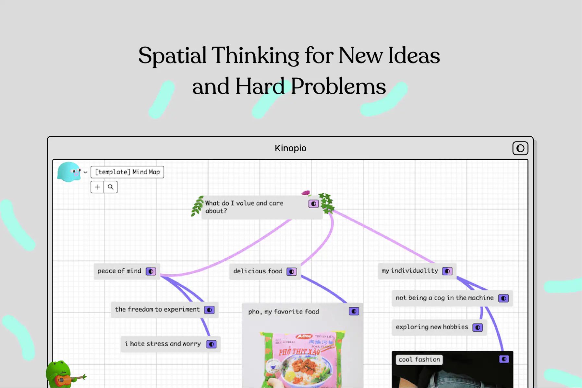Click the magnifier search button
click(x=111, y=187)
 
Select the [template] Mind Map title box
click(x=127, y=172)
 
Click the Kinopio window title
click(x=290, y=148)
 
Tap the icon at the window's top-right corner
click(x=520, y=148)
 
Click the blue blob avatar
click(x=69, y=172)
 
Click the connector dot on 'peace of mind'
click(x=151, y=271)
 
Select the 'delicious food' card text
click(x=258, y=271)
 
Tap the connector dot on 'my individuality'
click(x=447, y=271)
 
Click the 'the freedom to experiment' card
click(x=157, y=309)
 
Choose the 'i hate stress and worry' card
click(x=163, y=344)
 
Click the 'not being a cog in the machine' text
click(x=444, y=298)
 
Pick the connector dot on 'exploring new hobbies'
click(x=478, y=327)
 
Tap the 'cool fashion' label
click(x=419, y=359)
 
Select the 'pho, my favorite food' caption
click(x=284, y=312)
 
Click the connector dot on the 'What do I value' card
click(x=313, y=204)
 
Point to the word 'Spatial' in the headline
click(x=172, y=55)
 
